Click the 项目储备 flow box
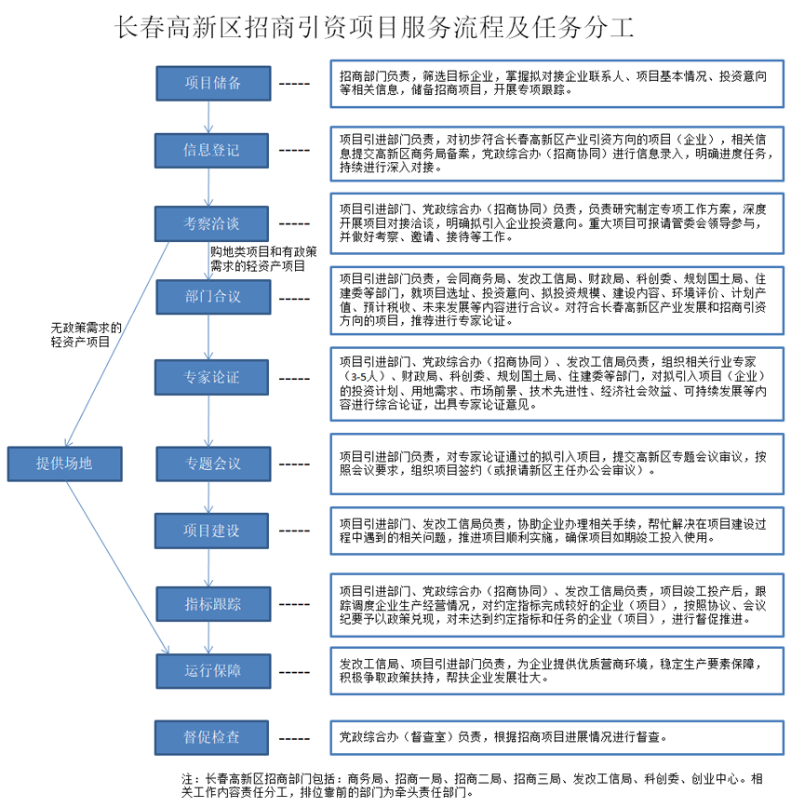211,83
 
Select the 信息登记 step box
211,149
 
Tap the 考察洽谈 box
211,223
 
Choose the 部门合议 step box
211,297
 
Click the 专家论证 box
211,377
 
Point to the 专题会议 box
211,463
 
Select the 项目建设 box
211,530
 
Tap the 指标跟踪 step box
211,604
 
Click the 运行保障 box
211,670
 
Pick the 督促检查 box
211,736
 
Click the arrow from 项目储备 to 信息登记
211,116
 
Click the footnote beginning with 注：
475,786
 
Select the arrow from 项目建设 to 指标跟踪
211,567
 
